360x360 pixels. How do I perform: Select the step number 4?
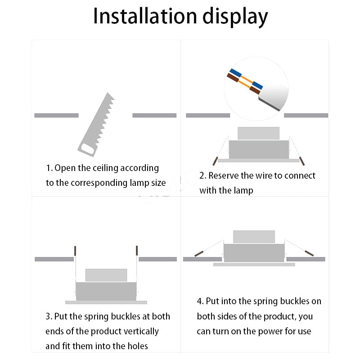[199, 301]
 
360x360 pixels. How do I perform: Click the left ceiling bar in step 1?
[56, 116]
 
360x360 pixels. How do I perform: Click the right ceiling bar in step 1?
[154, 116]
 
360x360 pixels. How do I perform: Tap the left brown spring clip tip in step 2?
[215, 161]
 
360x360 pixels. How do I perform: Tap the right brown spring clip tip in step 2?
[302, 160]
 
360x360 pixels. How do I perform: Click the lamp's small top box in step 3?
[106, 275]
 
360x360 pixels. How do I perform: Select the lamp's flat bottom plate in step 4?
[254, 265]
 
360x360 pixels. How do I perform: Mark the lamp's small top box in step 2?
[258, 133]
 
